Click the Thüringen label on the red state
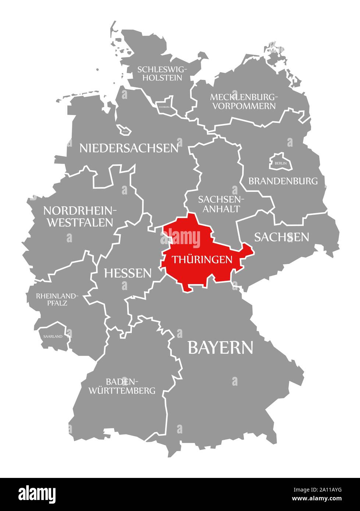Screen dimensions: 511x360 (x=203, y=260)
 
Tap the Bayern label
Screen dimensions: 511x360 (x=220, y=347)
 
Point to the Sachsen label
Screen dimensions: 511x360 (x=282, y=237)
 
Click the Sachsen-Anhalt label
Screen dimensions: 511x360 (x=219, y=204)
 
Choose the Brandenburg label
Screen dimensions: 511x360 (x=283, y=181)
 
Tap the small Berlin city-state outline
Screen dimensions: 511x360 (x=280, y=162)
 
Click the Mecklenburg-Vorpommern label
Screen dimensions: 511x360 (x=242, y=101)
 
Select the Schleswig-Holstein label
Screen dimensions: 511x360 (x=162, y=73)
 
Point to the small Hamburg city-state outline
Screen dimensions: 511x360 (x=164, y=105)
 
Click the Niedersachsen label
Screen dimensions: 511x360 (x=129, y=148)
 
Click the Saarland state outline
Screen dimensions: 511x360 (x=53, y=335)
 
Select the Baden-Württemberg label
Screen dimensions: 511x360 (x=122, y=386)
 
